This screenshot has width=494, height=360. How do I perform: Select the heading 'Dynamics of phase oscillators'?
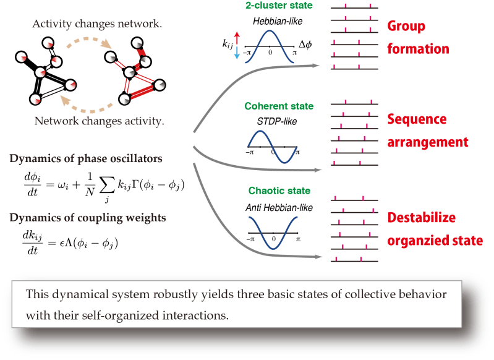pos(86,158)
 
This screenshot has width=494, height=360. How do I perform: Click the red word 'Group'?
pos(406,27)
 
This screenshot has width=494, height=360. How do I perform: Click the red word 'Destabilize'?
pos(422,218)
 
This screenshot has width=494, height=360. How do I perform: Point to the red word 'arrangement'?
pos(427,142)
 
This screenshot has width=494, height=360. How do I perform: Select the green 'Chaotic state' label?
pos(271,190)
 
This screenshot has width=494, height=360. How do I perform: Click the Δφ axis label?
pos(305,45)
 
